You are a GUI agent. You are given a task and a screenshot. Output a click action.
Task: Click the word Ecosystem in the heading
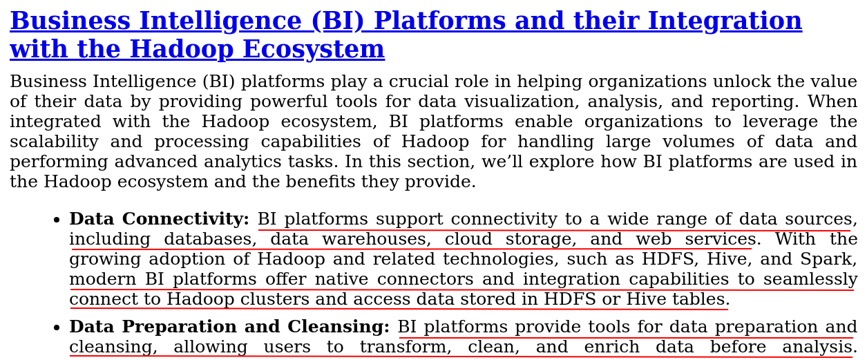(x=314, y=49)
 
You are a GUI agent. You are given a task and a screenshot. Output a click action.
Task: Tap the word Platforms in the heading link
(x=440, y=21)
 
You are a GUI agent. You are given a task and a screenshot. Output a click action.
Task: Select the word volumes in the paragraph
(x=698, y=142)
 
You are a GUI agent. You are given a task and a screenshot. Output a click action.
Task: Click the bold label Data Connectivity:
(x=159, y=219)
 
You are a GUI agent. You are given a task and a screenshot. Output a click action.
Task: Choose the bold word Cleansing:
(x=339, y=327)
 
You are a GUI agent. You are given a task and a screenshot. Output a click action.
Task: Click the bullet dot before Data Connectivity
(x=57, y=220)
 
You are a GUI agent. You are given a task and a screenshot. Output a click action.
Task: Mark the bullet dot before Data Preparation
(x=57, y=328)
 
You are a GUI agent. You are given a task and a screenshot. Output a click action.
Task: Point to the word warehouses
(x=377, y=239)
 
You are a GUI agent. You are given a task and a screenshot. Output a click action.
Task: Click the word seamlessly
(x=810, y=279)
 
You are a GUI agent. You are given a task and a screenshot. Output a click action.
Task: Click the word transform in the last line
(x=406, y=347)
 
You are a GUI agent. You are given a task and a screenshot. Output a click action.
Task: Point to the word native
(x=341, y=279)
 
